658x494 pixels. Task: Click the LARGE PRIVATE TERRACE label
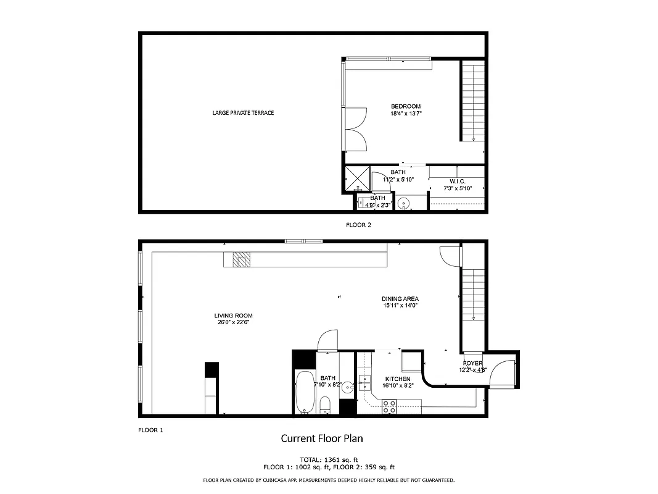pyautogui.click(x=243, y=113)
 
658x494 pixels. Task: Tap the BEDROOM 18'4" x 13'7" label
pyautogui.click(x=406, y=110)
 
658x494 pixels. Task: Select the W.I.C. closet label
pyautogui.click(x=457, y=185)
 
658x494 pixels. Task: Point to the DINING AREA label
pyautogui.click(x=400, y=302)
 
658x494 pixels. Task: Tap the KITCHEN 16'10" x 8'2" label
pyautogui.click(x=398, y=382)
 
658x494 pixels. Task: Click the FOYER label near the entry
pyautogui.click(x=473, y=367)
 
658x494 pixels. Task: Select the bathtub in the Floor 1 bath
pyautogui.click(x=305, y=392)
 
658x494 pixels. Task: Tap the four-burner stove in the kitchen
pyautogui.click(x=390, y=406)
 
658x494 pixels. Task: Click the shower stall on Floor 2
pyautogui.click(x=357, y=177)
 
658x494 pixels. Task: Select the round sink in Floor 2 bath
pyautogui.click(x=404, y=202)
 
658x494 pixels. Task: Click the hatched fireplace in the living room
pyautogui.click(x=242, y=259)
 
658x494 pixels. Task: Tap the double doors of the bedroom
pyautogui.click(x=356, y=128)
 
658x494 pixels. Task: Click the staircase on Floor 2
pyautogui.click(x=473, y=102)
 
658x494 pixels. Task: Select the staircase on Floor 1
pyautogui.click(x=473, y=294)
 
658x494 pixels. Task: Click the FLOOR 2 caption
pyautogui.click(x=358, y=225)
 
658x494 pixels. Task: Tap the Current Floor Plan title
pyautogui.click(x=322, y=438)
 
